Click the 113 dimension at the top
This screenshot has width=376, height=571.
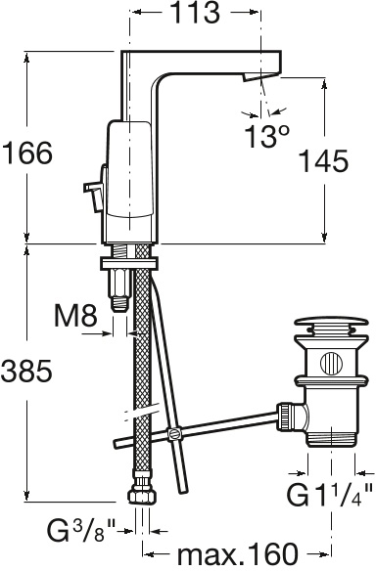tap(195, 13)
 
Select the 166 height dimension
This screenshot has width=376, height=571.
tap(27, 153)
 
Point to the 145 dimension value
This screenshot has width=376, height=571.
tap(323, 160)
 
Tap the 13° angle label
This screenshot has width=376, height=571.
tap(267, 137)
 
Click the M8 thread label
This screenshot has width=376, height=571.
tap(75, 316)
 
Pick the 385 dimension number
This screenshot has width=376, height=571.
tap(26, 371)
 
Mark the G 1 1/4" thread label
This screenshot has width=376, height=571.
tap(329, 494)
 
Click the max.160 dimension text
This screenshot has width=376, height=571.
tap(237, 554)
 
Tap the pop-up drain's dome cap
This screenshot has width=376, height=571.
tap(331, 323)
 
